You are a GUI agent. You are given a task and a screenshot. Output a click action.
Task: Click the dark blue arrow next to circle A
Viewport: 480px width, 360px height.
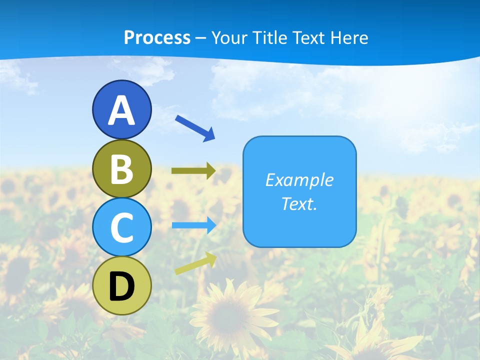(195, 127)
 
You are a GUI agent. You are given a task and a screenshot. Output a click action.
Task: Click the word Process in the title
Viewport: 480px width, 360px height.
(157, 37)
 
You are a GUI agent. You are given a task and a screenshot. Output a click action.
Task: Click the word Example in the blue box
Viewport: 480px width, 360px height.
(299, 180)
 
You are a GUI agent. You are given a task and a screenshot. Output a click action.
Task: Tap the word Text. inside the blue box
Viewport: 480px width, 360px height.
(299, 204)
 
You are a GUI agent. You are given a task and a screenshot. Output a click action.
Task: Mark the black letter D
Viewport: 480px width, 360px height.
(121, 286)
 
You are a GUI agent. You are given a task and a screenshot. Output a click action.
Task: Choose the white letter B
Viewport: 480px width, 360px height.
(121, 169)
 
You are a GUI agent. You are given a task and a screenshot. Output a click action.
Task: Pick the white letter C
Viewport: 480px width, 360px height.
(121, 228)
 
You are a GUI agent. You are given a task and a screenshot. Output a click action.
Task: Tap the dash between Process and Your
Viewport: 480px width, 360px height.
(201, 38)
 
